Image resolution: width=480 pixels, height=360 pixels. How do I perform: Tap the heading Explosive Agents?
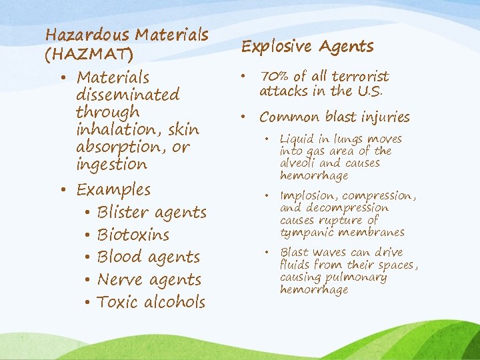[x=307, y=46]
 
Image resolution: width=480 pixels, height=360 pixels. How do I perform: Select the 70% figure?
[x=273, y=76]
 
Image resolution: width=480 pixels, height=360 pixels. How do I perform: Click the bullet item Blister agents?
[x=151, y=212]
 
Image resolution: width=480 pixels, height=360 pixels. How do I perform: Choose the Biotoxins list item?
[x=133, y=235]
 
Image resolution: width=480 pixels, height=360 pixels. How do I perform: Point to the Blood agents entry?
[x=148, y=257]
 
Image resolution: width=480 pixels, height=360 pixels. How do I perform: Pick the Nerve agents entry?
[x=149, y=279]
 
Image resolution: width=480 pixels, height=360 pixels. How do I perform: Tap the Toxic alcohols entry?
[x=151, y=302]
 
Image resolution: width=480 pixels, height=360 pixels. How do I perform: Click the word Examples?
[x=113, y=189]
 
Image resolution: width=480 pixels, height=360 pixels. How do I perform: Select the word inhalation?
[x=112, y=129]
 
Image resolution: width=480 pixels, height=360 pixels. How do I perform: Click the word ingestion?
[x=112, y=164]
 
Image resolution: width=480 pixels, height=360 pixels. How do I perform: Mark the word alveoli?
[x=299, y=163]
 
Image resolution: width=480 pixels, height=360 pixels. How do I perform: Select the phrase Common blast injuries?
[x=335, y=117]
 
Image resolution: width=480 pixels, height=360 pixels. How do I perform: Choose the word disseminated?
[x=128, y=95]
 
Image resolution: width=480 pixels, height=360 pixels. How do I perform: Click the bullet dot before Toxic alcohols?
[x=88, y=303]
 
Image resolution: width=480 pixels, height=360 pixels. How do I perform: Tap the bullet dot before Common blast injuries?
[x=247, y=117]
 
